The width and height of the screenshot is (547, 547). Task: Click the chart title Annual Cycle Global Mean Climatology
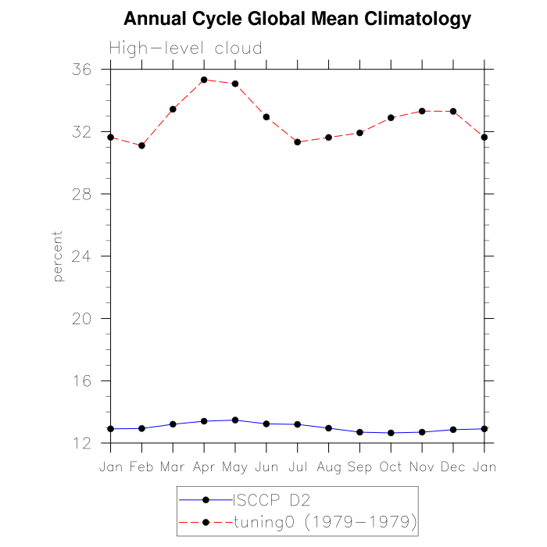pyautogui.click(x=298, y=20)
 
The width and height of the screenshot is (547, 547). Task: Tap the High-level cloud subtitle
pyautogui.click(x=186, y=48)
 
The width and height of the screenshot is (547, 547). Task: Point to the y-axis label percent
pyautogui.click(x=58, y=256)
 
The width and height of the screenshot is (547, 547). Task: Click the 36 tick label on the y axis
pyautogui.click(x=80, y=70)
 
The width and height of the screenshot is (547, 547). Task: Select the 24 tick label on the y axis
pyautogui.click(x=80, y=256)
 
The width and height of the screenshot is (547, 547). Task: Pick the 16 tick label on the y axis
pyautogui.click(x=80, y=381)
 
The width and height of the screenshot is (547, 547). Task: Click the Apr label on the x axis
pyautogui.click(x=204, y=467)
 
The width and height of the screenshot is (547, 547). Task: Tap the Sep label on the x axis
pyautogui.click(x=359, y=467)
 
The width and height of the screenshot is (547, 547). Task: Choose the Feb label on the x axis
pyautogui.click(x=141, y=467)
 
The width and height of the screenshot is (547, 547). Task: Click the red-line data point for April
pyautogui.click(x=204, y=80)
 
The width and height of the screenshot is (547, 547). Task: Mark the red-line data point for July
pyautogui.click(x=298, y=142)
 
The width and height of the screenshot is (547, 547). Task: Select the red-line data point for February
pyautogui.click(x=141, y=146)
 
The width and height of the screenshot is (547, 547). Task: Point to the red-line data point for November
pyautogui.click(x=422, y=111)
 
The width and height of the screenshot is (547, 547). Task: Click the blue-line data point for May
pyautogui.click(x=235, y=420)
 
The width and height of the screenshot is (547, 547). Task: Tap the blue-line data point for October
pyautogui.click(x=391, y=433)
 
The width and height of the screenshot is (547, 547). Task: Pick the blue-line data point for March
pyautogui.click(x=173, y=424)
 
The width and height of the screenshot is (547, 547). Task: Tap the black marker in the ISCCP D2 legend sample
pyautogui.click(x=206, y=499)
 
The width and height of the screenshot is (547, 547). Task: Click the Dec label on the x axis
pyautogui.click(x=453, y=467)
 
